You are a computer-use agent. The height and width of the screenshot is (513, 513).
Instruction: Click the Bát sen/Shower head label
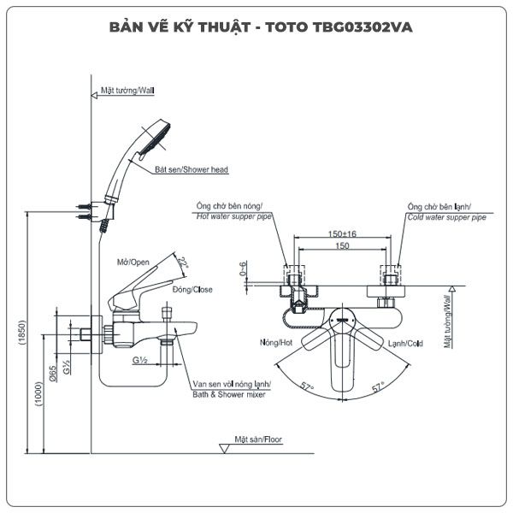[192, 170]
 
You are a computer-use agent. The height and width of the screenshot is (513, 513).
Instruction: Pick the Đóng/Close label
[192, 290]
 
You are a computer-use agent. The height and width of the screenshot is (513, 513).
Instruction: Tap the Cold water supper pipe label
[445, 218]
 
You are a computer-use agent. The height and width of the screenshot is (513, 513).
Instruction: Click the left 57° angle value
[308, 387]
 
